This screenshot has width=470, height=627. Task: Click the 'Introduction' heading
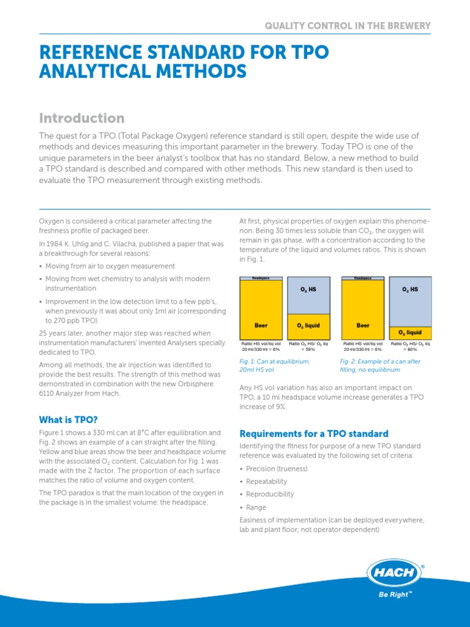pos(81,118)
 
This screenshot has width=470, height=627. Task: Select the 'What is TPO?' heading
pos(67,419)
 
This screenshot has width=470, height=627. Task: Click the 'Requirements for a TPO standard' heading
pos(313,434)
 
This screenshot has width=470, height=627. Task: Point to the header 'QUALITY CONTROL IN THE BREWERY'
pos(347,26)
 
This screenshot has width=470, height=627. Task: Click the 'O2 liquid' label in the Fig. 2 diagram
pos(410,332)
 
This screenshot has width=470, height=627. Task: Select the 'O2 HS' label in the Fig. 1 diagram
pos(308,289)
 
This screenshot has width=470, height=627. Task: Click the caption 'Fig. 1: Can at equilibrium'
pos(275,361)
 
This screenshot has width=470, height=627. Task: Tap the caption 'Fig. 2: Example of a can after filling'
pos(380,361)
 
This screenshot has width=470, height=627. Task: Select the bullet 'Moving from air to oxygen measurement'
pos(110,266)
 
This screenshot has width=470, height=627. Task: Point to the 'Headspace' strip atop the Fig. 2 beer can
pos(364,278)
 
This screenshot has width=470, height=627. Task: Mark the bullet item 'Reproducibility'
pos(270,494)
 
